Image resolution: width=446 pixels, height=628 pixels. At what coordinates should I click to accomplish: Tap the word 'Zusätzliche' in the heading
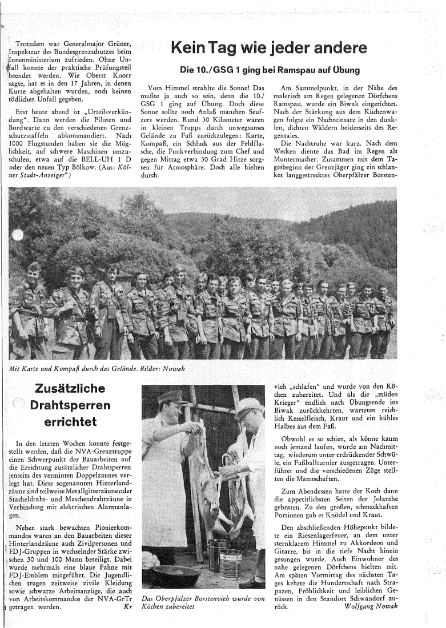click(70, 389)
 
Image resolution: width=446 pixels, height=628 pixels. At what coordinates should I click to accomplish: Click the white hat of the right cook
click(250, 405)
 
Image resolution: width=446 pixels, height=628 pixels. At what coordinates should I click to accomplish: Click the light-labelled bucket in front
click(230, 563)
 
